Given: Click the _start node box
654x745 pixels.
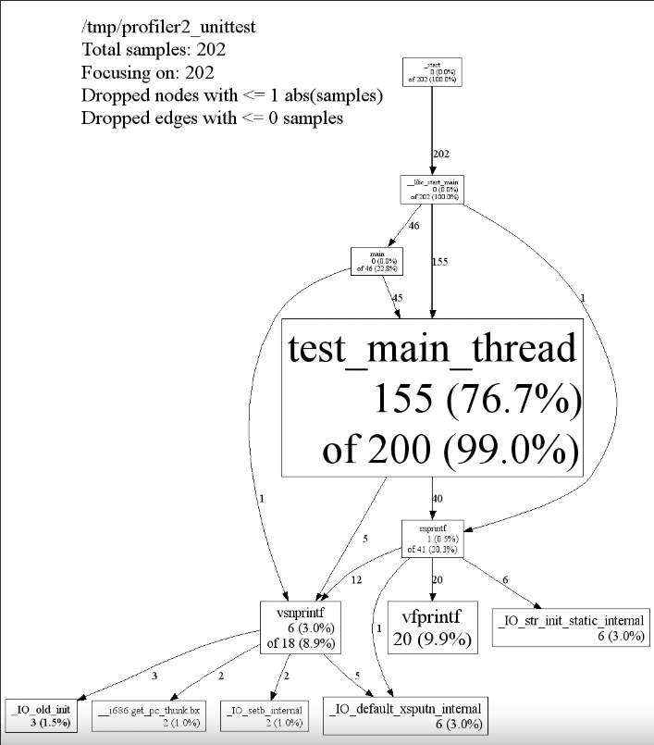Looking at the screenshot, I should point(432,72).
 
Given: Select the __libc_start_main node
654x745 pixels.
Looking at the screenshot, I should point(432,189).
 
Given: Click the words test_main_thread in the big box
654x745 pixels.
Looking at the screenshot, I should point(432,350).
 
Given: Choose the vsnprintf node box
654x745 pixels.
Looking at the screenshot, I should point(297,627).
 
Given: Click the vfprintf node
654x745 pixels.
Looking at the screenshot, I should point(432,627).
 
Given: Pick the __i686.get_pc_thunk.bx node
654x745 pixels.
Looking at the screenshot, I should point(150,715).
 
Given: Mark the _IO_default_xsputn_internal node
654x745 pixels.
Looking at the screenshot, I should point(404,717).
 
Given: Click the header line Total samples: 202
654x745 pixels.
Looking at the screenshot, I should point(154,50).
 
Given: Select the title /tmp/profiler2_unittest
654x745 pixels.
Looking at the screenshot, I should point(168,27).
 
